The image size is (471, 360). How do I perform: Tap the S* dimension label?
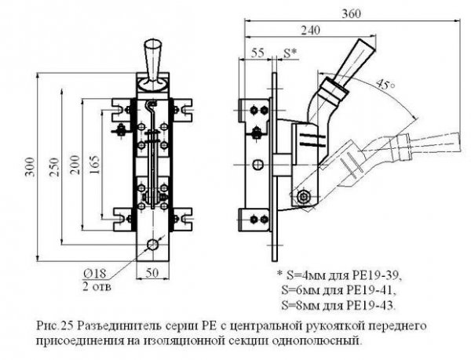pyautogui.click(x=289, y=54)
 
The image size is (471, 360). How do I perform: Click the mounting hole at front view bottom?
pyautogui.click(x=154, y=246)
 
